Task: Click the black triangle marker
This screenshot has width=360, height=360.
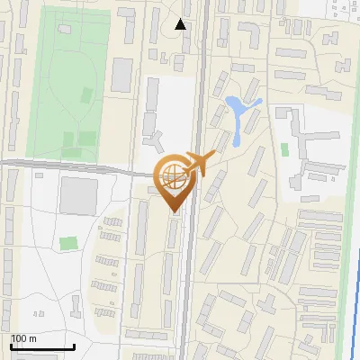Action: coord(181,24)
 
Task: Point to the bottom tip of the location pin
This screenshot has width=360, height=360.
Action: coord(172,211)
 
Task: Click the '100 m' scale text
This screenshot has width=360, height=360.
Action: coord(23,338)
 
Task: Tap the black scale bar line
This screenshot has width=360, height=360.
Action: coord(41,347)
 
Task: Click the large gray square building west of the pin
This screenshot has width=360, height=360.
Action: coord(78,195)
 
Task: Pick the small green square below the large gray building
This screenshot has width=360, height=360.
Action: coord(68,243)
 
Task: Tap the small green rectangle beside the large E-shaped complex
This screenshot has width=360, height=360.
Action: coord(284,148)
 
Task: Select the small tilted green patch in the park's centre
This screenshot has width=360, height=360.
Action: coord(86,93)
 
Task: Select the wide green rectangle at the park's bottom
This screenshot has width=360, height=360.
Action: coord(77,139)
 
